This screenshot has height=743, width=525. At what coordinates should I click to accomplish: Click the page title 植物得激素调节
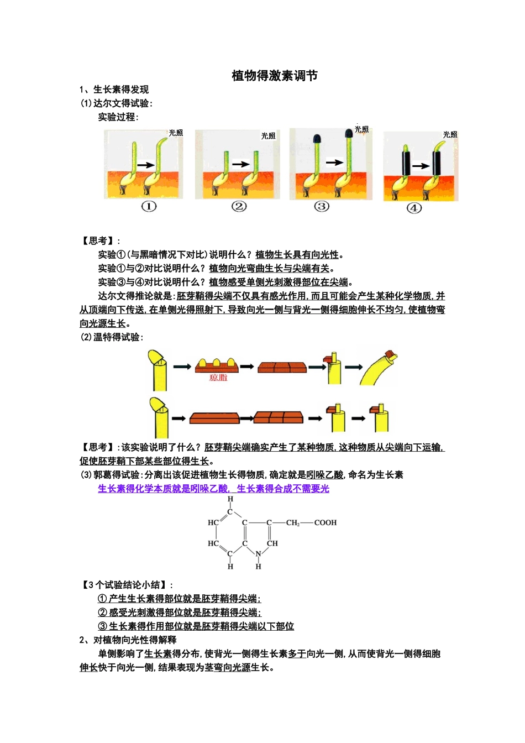(274, 76)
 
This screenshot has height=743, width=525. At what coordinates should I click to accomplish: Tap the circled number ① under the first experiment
(149, 206)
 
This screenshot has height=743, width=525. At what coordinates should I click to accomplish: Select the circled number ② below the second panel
(239, 206)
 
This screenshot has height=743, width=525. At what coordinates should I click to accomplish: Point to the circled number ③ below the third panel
(322, 206)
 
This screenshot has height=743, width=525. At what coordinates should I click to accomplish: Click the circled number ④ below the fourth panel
(414, 208)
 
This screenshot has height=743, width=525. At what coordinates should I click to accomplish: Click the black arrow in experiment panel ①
(146, 165)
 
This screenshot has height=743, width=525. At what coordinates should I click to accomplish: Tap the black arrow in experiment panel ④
(421, 165)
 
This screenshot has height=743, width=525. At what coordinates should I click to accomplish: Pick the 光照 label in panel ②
(268, 136)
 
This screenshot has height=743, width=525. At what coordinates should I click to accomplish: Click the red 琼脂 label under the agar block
(218, 378)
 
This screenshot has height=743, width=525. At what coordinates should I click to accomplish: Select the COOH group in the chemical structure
(325, 522)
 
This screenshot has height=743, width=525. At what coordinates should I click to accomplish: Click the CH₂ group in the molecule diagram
(292, 522)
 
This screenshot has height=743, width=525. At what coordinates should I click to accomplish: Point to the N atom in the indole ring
(258, 554)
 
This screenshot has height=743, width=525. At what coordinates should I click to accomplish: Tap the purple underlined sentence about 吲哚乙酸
(213, 489)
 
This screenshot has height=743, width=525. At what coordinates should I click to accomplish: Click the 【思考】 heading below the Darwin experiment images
(100, 240)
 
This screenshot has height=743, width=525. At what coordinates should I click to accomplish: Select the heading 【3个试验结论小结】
(127, 585)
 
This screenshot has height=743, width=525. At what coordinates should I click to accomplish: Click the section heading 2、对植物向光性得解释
(128, 640)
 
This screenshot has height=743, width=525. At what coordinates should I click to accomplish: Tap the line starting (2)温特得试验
(112, 337)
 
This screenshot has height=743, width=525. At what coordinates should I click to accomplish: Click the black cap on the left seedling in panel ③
(317, 138)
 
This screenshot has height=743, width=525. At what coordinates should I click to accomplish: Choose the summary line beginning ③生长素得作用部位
(196, 626)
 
